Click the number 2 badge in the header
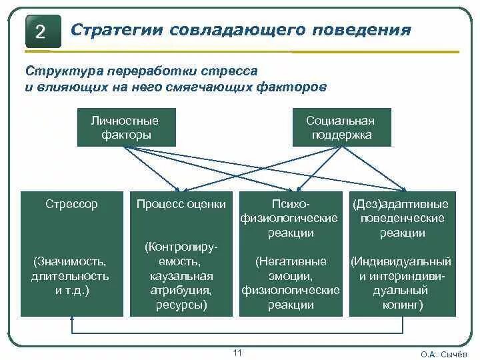point(40,32)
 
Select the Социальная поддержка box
point(341,127)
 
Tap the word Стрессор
point(71,204)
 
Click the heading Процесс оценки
point(181,204)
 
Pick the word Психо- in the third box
point(291,204)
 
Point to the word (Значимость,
point(71,261)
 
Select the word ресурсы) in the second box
point(181,305)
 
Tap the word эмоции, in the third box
point(291,275)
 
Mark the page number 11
point(238,352)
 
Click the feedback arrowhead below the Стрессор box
point(71,320)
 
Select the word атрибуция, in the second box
point(181,291)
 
